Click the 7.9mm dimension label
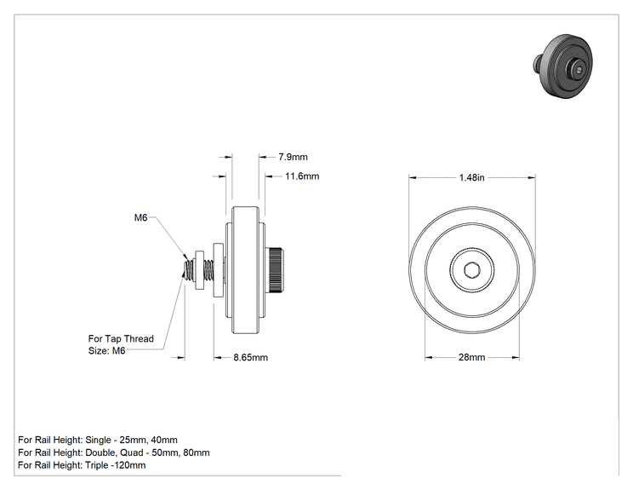(293, 157)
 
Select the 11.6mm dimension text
(302, 176)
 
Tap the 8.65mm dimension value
(250, 357)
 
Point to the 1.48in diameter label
(471, 177)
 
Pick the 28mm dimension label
(471, 357)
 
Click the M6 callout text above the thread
(140, 218)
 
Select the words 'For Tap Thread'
(121, 339)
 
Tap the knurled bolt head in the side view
(276, 269)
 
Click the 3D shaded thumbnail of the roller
(563, 66)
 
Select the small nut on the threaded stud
(199, 269)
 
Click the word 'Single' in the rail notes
(98, 440)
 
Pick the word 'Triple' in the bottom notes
(97, 465)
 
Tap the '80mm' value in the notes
(197, 453)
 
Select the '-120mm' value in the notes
(128, 465)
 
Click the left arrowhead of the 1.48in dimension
(413, 177)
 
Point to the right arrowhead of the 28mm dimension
(515, 357)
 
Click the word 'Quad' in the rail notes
(132, 453)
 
